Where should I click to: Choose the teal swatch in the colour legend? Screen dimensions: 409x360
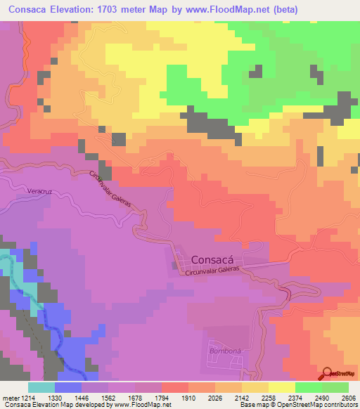coord(41,387)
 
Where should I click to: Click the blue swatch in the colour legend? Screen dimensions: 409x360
coord(68,387)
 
